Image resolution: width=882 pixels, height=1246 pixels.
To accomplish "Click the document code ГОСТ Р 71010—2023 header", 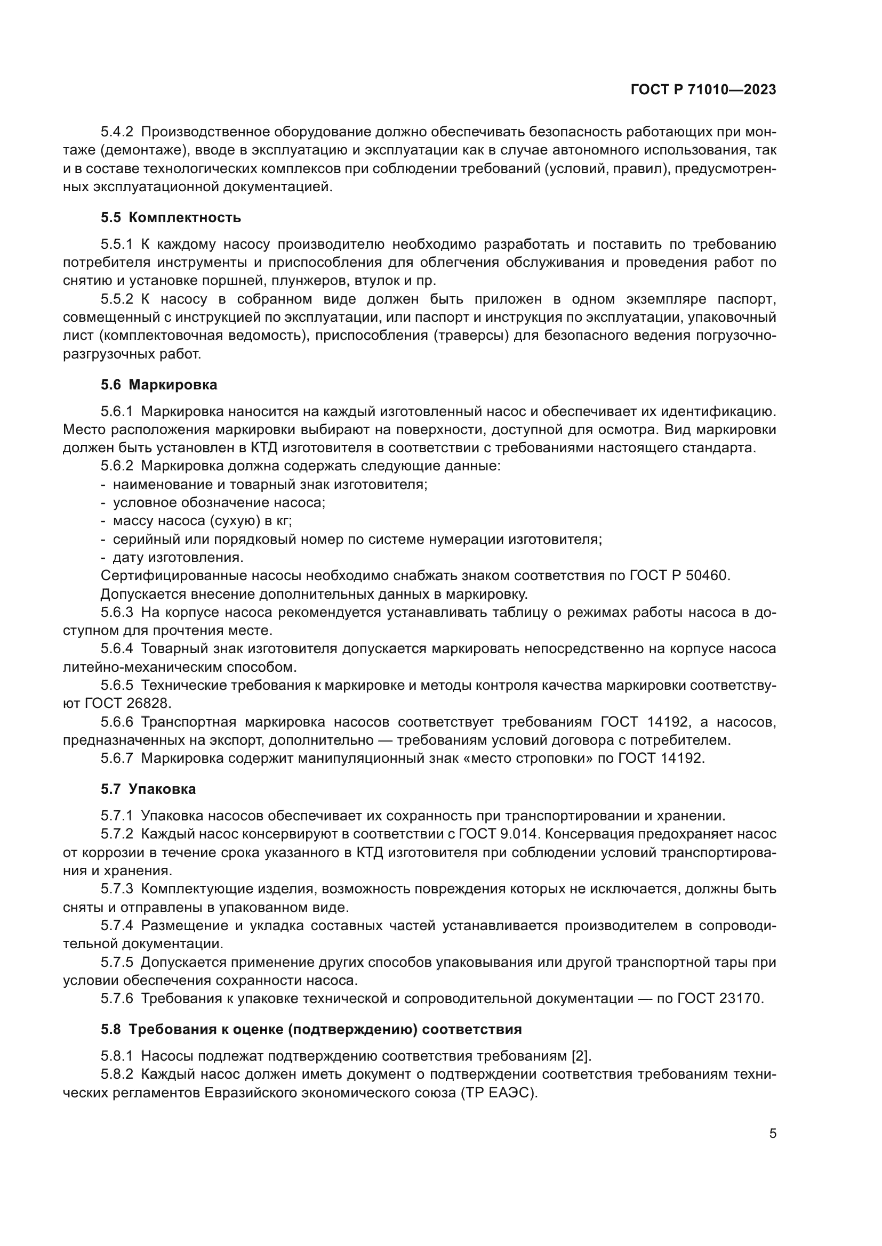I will pos(703,90).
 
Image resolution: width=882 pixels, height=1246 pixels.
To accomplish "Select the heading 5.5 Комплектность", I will pos(171,218).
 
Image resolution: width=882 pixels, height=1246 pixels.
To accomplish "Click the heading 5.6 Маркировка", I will pos(158,385).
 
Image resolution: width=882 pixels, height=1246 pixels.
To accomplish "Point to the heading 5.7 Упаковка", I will pos(148,789).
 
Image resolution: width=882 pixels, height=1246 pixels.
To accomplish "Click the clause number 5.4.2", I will pos(117,132).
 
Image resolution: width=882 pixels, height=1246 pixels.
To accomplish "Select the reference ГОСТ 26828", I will pos(127,704).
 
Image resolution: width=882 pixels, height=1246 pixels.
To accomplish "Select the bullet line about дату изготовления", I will pos(178,557).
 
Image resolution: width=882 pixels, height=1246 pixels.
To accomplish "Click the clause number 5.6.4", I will pos(117,649).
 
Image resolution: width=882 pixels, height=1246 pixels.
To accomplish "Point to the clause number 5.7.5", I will pos(117,962).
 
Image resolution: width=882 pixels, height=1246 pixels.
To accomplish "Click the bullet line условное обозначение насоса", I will pos(218,502).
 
